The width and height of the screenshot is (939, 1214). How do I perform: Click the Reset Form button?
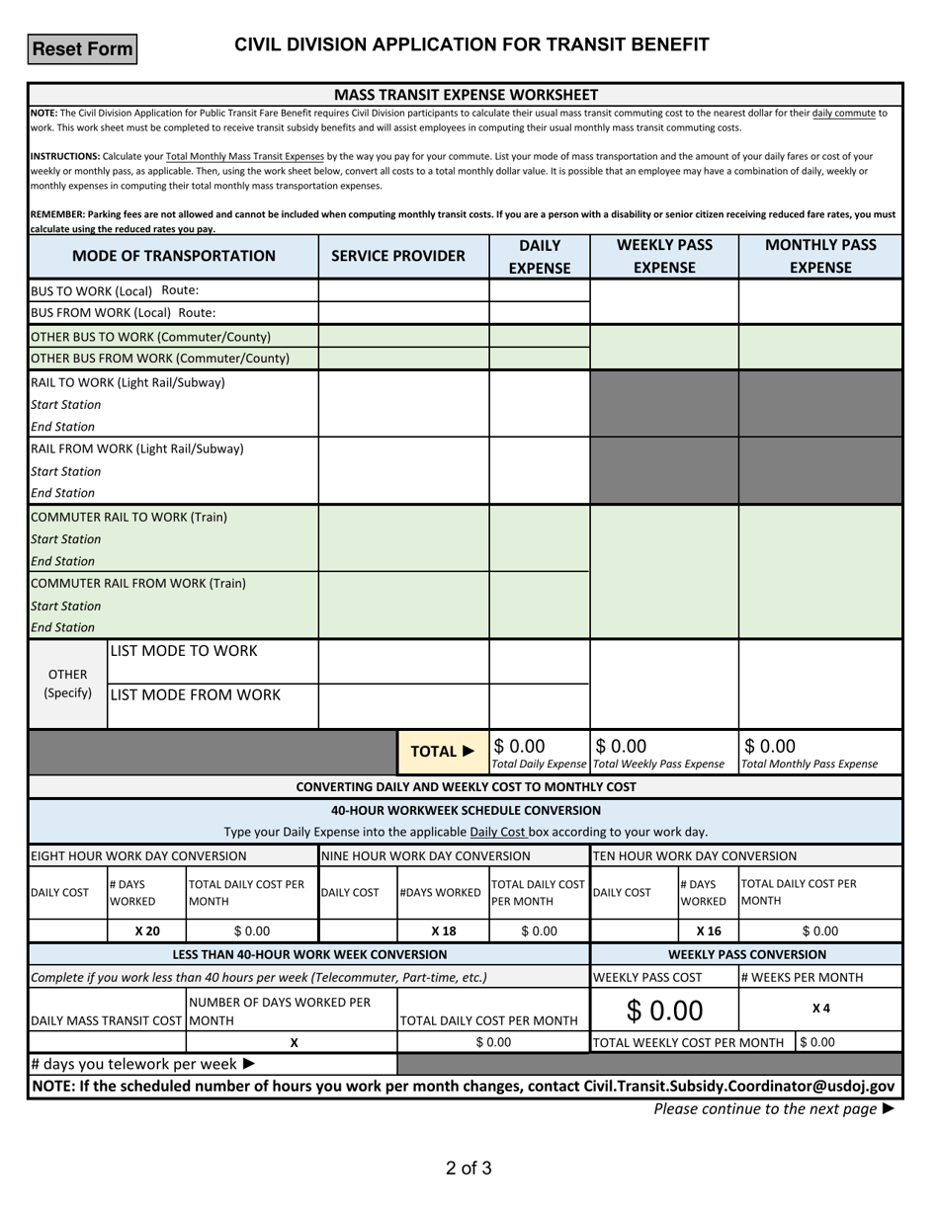pos(82,49)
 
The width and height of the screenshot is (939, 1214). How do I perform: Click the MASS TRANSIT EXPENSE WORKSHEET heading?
pos(466,95)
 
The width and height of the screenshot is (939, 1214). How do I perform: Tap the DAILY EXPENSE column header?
pos(540,256)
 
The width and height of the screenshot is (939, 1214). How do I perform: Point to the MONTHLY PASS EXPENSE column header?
pos(820,256)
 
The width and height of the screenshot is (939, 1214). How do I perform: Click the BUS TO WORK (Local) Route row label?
pos(115,290)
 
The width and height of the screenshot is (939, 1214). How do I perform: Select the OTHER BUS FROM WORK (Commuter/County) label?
pos(160,358)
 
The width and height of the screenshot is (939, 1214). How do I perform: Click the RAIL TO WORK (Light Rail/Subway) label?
pos(128,382)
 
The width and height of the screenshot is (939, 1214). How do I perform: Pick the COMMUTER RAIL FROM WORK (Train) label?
pos(138,583)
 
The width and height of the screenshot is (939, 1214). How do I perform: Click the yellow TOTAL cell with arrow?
pos(443,752)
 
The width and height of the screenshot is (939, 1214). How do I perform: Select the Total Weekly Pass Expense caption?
pos(658,764)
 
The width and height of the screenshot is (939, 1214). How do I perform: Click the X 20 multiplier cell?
pos(146,931)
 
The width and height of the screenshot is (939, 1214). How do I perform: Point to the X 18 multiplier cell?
pos(443,931)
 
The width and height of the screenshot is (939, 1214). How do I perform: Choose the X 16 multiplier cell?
pos(709,931)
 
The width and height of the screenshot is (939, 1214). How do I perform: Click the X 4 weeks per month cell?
pos(820,1008)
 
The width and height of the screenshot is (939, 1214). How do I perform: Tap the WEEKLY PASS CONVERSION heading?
pos(747,954)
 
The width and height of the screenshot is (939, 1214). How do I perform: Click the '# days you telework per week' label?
pos(143,1064)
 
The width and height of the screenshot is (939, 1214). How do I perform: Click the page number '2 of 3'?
pos(469,1169)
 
